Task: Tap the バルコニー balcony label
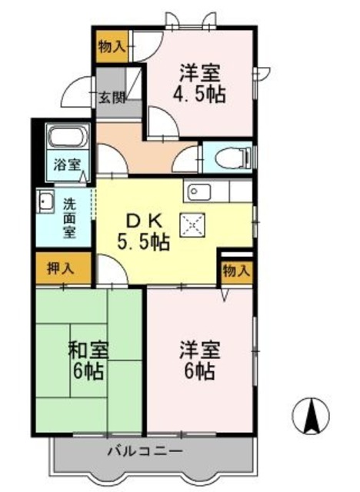pos(145,450)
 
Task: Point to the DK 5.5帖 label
pos(144,231)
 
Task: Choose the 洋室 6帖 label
pos(199,361)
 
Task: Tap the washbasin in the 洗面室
pos(45,203)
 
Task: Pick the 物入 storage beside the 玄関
pos(111,47)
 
